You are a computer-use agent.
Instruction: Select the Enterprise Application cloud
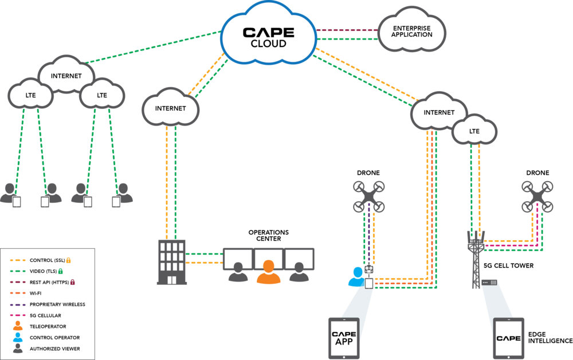pos(412,31)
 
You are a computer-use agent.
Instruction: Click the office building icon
pos(171,262)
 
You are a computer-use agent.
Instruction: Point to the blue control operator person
pos(357,277)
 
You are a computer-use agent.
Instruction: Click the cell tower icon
pos(477,258)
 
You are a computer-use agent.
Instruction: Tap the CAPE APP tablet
pos(344,338)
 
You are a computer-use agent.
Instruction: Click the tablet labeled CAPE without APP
pos(509,338)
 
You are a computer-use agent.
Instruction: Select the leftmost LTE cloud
pos(31,95)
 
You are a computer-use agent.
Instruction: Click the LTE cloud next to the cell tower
pos(474,131)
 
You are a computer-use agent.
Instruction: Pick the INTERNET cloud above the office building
pos(171,108)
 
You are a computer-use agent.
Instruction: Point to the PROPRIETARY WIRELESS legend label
pos(57,304)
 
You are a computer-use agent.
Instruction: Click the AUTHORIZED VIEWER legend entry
pos(54,349)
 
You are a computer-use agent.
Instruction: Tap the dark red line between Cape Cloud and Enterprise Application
pos(347,29)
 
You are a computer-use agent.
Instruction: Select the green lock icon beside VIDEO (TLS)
pos(61,271)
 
